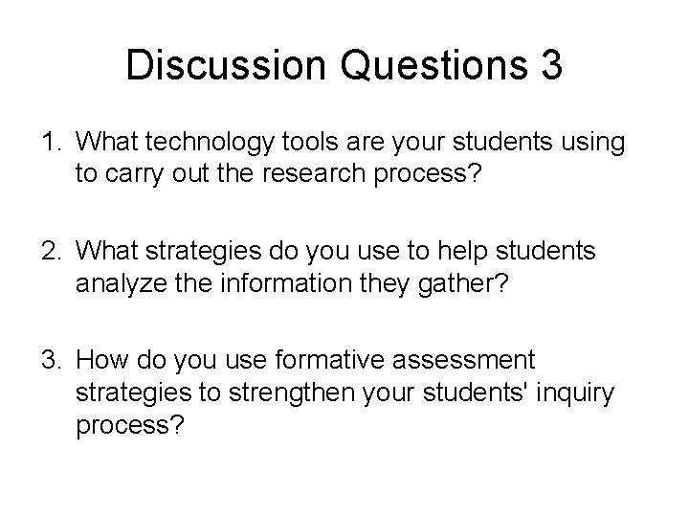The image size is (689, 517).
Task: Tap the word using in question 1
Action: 597,145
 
